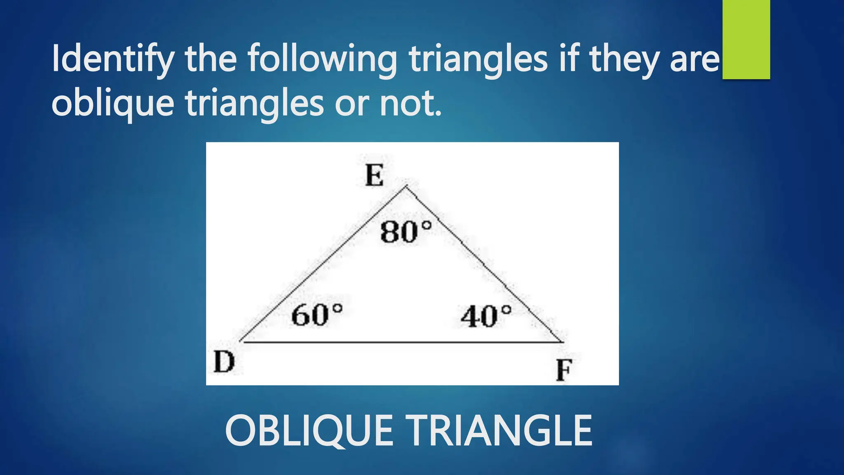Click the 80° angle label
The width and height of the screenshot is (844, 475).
click(406, 232)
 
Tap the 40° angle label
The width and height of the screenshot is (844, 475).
click(486, 317)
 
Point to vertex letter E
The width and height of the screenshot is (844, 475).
click(374, 176)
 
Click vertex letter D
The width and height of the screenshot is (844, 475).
click(224, 362)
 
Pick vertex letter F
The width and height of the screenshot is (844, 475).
click(564, 370)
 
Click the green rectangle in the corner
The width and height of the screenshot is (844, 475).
click(746, 39)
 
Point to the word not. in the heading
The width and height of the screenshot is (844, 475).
click(410, 103)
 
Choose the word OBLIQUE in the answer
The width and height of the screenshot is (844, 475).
click(309, 431)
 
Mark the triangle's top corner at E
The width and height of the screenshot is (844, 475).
click(406, 187)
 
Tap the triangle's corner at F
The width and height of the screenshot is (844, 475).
click(562, 342)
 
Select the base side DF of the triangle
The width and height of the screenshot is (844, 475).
click(402, 342)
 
